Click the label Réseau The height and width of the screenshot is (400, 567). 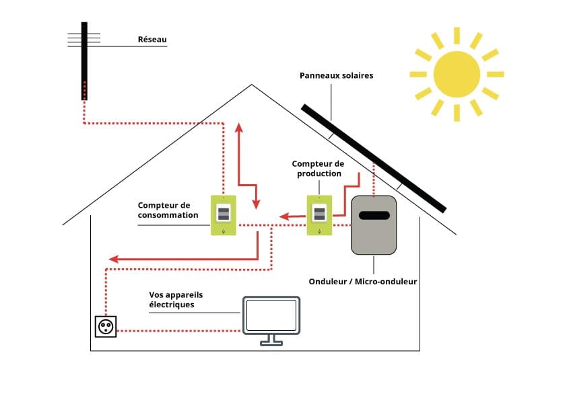coord(152,40)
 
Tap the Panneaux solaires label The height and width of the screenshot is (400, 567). coord(336,76)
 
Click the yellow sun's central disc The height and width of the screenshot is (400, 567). coord(456,74)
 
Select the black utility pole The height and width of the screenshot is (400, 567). coord(84,61)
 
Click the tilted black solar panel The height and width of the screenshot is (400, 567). coord(374,158)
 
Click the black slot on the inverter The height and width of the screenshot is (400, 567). coord(373,215)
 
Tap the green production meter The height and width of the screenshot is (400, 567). coord(319,215)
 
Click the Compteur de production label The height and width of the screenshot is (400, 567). coord(317,169)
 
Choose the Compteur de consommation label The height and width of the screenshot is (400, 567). coord(168,210)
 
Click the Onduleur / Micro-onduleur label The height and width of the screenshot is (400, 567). coord(362,282)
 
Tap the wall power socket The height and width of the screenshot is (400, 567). coord(106,327)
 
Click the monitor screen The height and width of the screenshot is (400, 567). coord(271,315)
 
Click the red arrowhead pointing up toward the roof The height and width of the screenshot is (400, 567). coord(238,128)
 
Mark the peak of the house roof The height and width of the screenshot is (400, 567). coord(252,85)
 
